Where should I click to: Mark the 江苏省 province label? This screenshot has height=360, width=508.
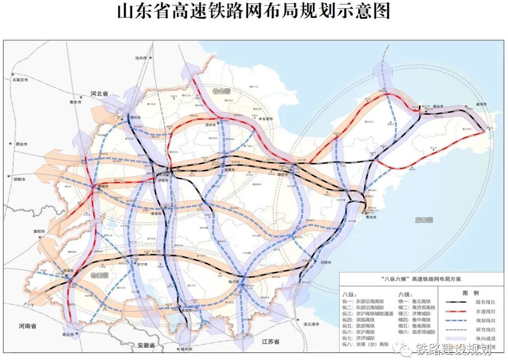(270, 342)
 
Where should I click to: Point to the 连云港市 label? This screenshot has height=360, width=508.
(311, 324)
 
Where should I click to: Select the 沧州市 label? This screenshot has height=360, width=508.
(141, 58)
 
